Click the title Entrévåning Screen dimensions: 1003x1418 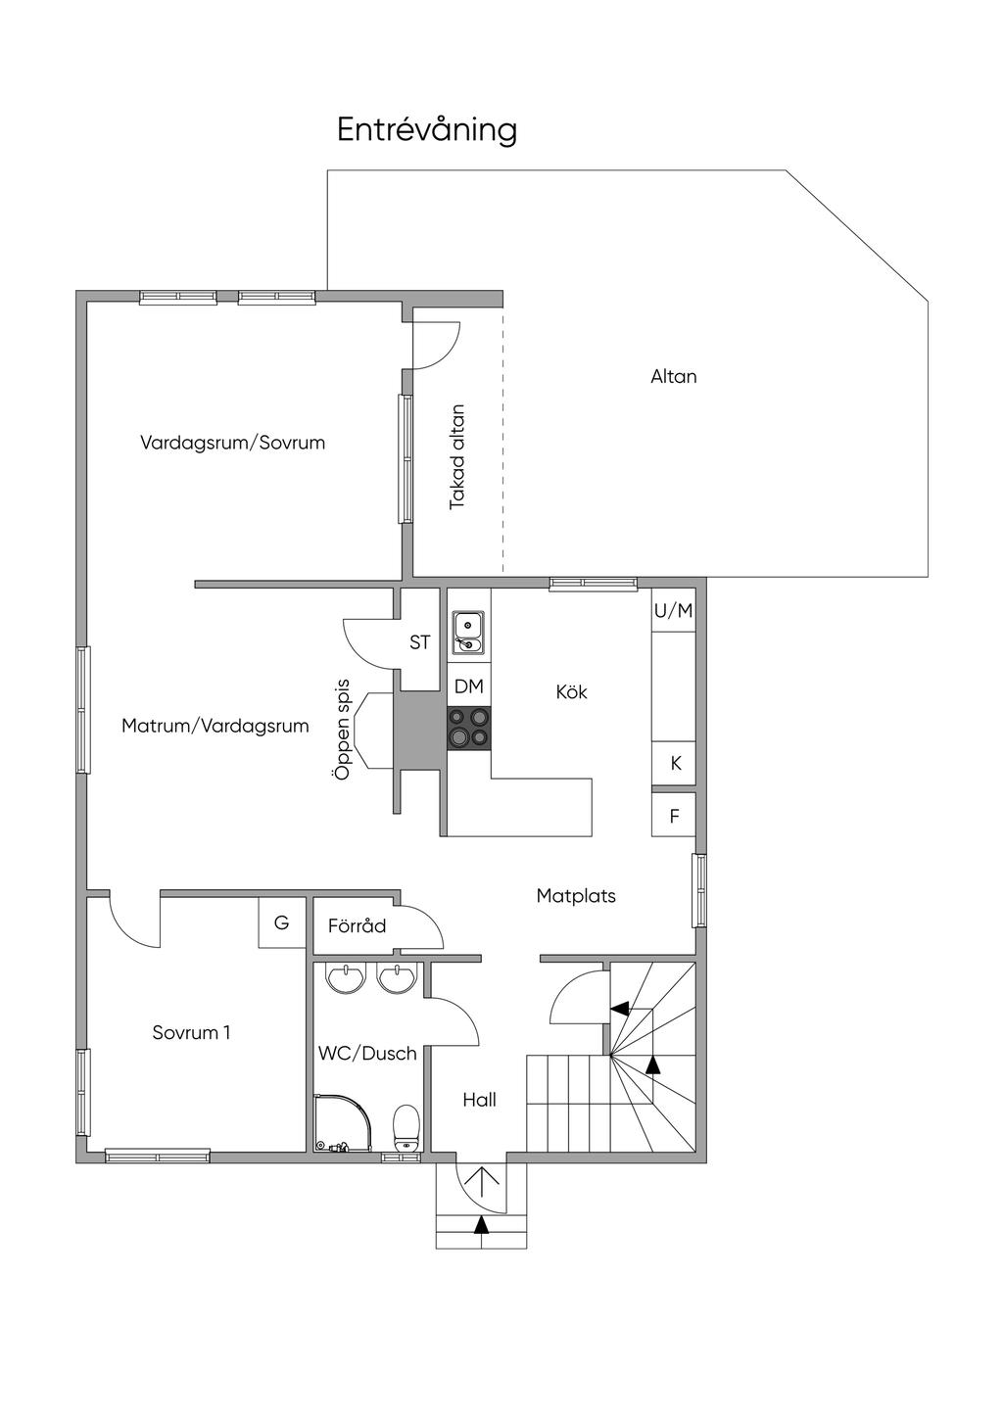(427, 131)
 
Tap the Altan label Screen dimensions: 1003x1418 (674, 377)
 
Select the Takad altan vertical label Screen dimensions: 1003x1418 (456, 457)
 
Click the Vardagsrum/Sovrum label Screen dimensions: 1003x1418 (232, 443)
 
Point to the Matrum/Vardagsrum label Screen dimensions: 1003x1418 (215, 726)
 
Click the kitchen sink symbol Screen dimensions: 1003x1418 (468, 632)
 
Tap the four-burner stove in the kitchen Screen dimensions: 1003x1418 (469, 728)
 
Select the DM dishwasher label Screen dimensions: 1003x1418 (469, 686)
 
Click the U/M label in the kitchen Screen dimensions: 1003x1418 (674, 611)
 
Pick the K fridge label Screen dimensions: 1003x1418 (676, 764)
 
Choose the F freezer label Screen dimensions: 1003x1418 (674, 817)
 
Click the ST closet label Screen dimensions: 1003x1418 (420, 642)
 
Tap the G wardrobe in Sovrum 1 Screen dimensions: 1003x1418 (282, 922)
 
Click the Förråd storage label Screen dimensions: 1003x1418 (358, 926)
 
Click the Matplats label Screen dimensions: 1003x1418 (576, 896)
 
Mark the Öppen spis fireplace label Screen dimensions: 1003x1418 (342, 730)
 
